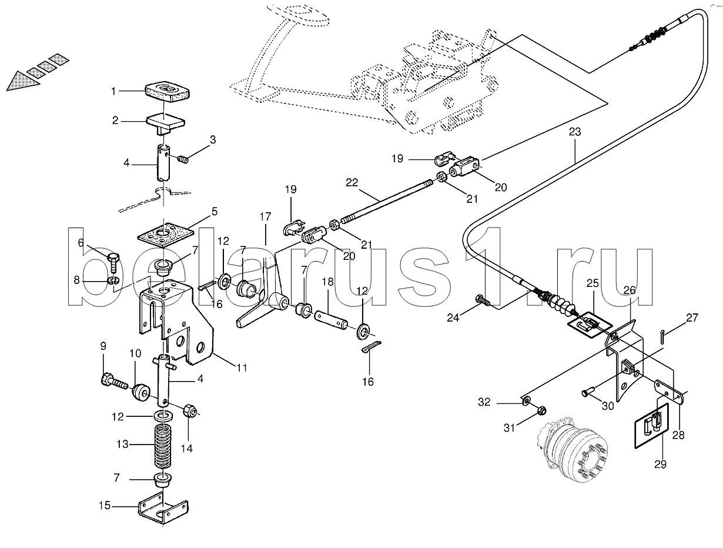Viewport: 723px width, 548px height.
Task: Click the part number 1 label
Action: tap(113, 91)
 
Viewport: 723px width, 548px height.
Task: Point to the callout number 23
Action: tap(575, 132)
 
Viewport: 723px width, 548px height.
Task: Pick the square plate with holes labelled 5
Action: tap(164, 237)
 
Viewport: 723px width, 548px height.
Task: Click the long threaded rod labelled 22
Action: tap(387, 201)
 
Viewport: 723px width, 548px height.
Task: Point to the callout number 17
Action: tap(265, 216)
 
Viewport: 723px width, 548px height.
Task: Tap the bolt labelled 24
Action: tap(483, 300)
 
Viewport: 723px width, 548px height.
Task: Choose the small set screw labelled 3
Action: tap(183, 160)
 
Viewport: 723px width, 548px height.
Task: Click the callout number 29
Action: tap(660, 465)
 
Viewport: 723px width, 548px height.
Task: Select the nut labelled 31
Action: tap(541, 410)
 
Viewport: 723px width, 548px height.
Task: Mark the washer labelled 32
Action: tap(526, 401)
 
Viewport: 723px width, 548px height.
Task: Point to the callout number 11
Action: tap(242, 367)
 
